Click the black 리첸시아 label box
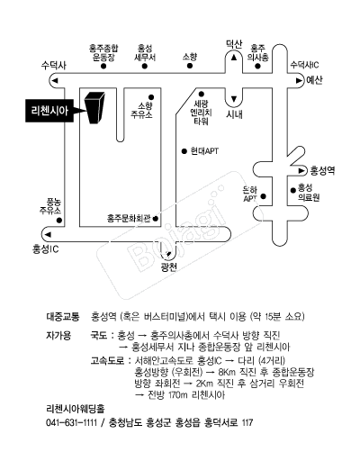click(x=49, y=111)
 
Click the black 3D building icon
click(x=94, y=108)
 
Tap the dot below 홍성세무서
click(x=145, y=66)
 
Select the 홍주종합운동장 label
click(x=103, y=52)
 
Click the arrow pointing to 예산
click(x=299, y=80)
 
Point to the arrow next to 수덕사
click(x=55, y=80)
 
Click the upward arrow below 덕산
click(x=234, y=58)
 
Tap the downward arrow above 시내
click(x=234, y=98)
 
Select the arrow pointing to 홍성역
click(x=301, y=171)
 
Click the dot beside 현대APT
click(x=184, y=151)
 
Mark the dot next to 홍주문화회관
click(x=156, y=219)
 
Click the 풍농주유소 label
click(x=50, y=206)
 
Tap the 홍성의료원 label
click(x=309, y=193)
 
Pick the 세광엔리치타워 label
click(x=201, y=113)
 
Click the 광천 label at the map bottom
click(x=169, y=267)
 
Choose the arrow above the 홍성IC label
click(x=48, y=234)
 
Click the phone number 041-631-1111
click(x=71, y=422)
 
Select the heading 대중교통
click(x=63, y=317)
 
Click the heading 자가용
click(x=58, y=335)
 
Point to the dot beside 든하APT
click(x=264, y=196)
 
